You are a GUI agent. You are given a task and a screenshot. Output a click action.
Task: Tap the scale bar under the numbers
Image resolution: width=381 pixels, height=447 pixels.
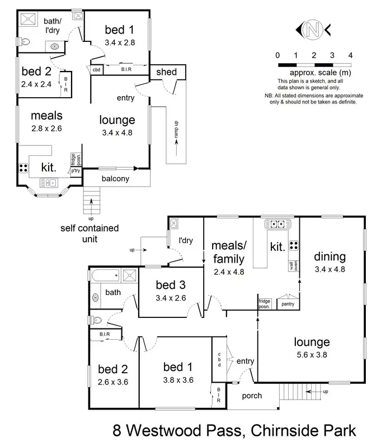coord(314,65)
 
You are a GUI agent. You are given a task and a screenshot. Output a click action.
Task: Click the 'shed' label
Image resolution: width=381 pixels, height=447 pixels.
coord(166,72)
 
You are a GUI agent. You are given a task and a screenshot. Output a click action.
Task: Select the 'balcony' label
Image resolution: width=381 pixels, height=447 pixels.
coord(115,179)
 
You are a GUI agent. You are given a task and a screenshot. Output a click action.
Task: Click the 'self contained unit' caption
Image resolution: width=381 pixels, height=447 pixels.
coord(90,234)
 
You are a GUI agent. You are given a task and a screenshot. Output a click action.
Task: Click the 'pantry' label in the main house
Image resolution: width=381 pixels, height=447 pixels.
coord(288,304)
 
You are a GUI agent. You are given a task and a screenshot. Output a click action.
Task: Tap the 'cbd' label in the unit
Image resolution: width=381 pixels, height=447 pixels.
coord(96,70)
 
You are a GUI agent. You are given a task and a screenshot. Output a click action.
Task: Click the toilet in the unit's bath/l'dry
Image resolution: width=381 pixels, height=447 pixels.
coord(23,41)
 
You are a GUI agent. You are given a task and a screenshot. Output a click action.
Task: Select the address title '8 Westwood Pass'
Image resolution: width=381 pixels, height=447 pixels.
coord(178,431)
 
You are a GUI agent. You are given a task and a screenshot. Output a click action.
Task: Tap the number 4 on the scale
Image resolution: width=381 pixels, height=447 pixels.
coord(350,55)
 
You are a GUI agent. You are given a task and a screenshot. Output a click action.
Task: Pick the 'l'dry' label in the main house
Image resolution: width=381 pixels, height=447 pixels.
coord(186,241)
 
